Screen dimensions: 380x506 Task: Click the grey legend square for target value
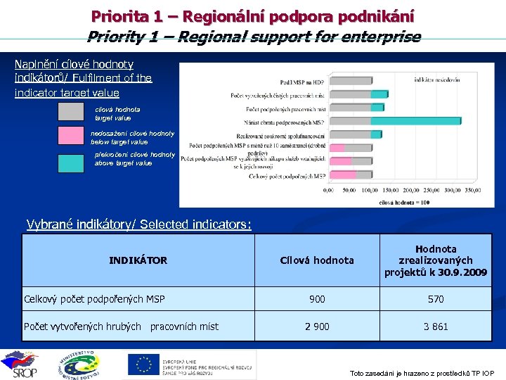(x=70, y=112)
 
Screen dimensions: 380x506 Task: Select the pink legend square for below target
(x=70, y=136)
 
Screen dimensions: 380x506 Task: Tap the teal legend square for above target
(x=70, y=162)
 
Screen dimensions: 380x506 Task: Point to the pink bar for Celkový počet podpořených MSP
(x=341, y=176)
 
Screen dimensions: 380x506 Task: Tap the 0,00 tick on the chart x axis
(x=328, y=189)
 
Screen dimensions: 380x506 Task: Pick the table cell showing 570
(x=436, y=299)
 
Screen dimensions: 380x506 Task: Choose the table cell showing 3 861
(x=436, y=327)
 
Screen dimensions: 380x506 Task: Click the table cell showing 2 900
(x=317, y=327)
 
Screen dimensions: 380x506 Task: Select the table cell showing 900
(x=317, y=299)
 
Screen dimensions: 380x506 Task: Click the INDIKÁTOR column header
(x=138, y=260)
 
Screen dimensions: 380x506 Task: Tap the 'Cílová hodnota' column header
(x=317, y=260)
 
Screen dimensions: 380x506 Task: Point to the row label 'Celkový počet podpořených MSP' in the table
(x=94, y=299)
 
